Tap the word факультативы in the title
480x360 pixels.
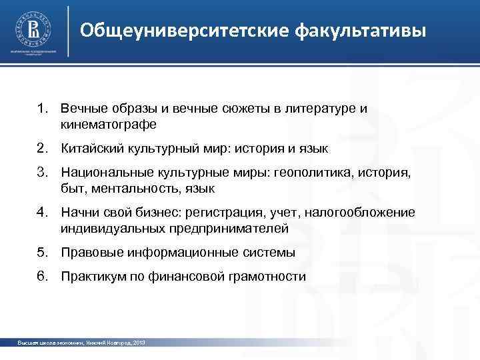[359, 31]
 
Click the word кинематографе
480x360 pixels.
[108, 125]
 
